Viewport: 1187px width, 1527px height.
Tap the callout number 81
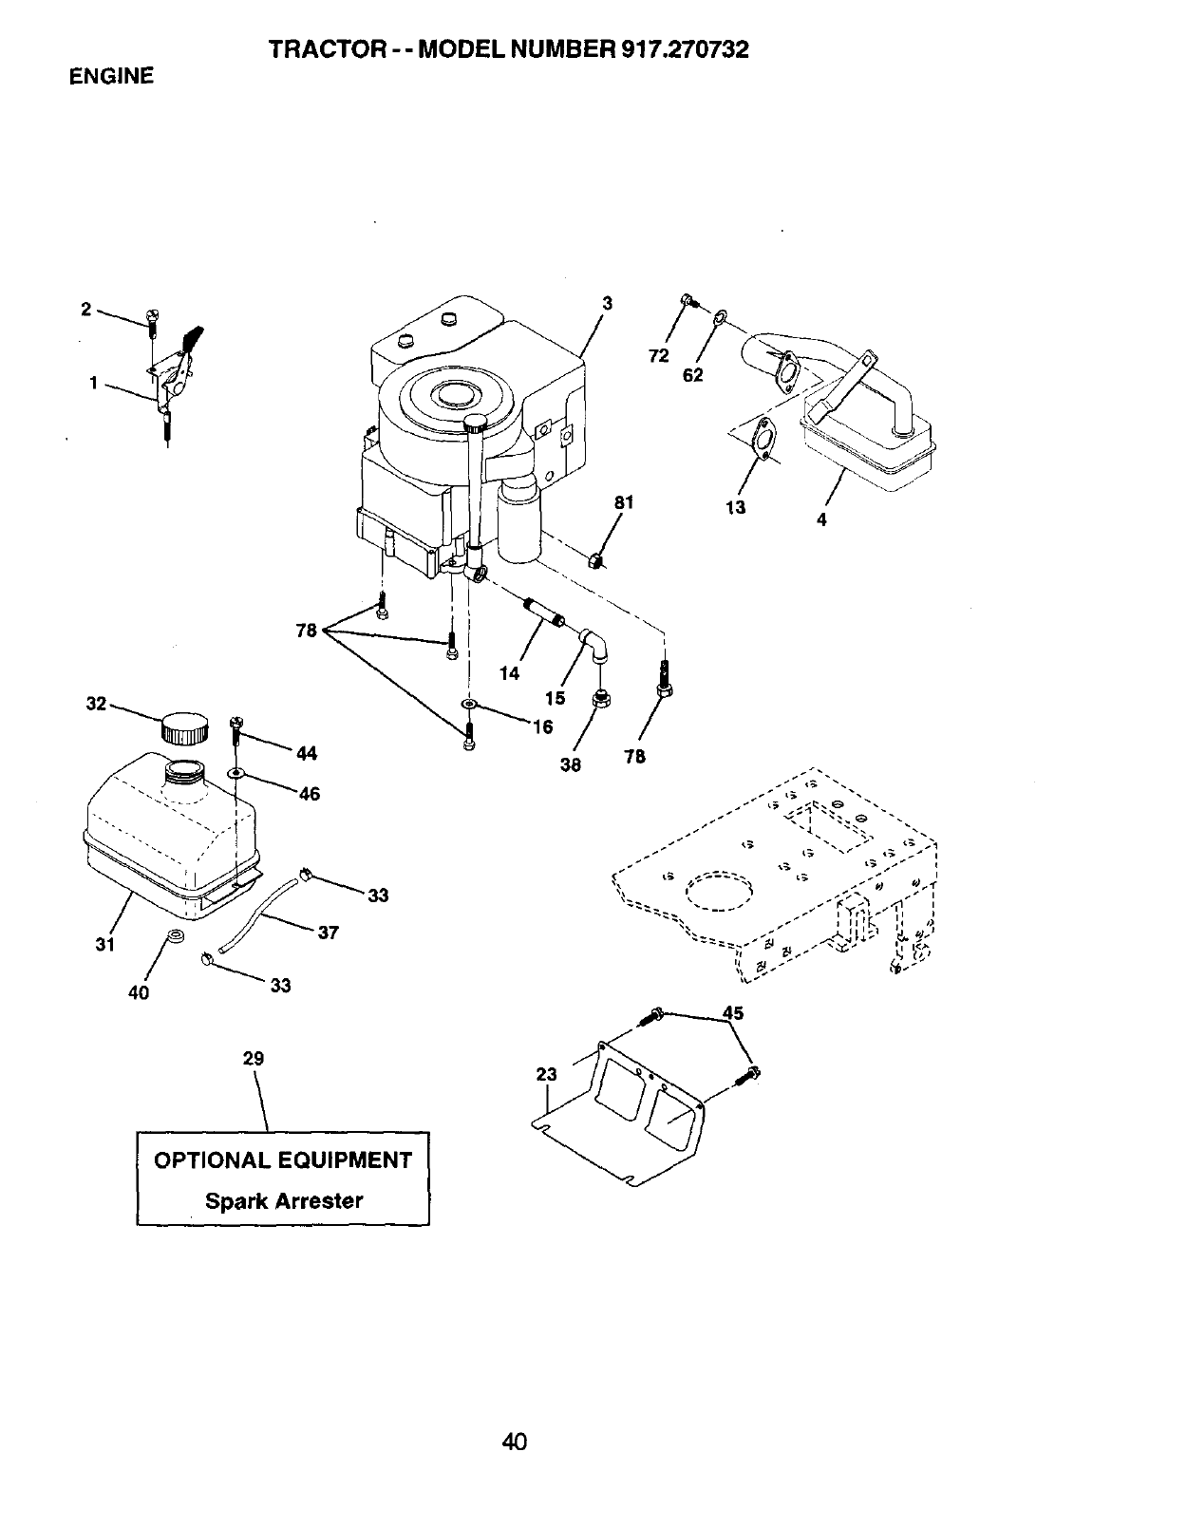click(x=623, y=502)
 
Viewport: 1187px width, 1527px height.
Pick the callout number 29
click(x=253, y=1058)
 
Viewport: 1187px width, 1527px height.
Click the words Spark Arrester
click(x=284, y=1200)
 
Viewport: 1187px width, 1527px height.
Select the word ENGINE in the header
click(x=111, y=77)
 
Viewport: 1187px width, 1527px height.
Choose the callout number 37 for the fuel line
click(x=328, y=933)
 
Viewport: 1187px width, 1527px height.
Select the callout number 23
click(x=546, y=1074)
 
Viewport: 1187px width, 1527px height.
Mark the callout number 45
click(x=733, y=1013)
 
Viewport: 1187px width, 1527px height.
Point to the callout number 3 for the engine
click(x=608, y=303)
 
